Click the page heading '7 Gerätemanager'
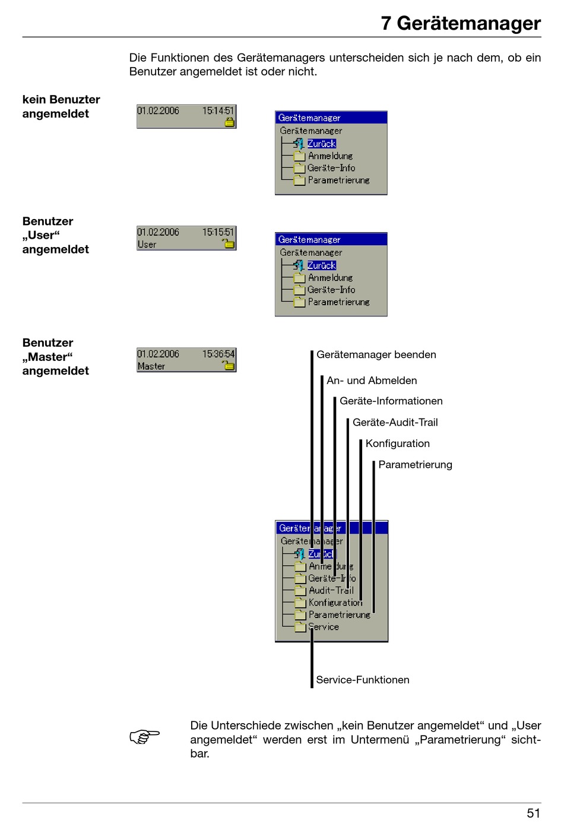461,23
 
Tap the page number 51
533,813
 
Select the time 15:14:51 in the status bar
218,110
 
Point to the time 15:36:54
218,353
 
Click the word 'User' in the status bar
147,244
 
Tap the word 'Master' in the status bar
151,366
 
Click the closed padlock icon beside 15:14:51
230,122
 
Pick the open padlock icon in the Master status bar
228,365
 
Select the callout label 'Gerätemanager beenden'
376,354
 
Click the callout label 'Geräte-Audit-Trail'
395,422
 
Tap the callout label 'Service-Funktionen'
362,680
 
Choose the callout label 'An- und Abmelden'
372,380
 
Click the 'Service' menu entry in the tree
324,626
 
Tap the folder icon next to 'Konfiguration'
300,603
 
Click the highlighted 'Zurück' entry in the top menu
321,144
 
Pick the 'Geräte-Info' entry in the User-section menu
331,290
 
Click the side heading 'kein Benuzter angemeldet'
61,106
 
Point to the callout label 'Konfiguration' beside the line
398,443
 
